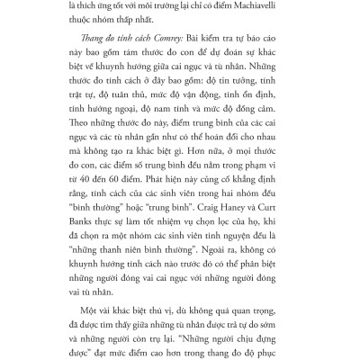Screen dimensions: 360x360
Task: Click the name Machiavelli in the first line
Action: pyautogui.click(x=265, y=6)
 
